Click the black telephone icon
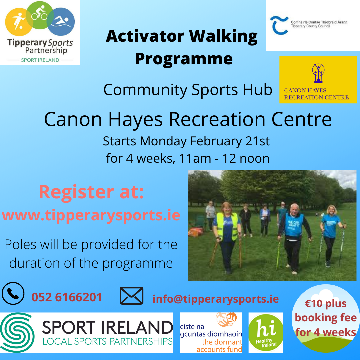pyautogui.click(x=13, y=293)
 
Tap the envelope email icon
pyautogui.click(x=132, y=295)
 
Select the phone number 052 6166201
pyautogui.click(x=67, y=297)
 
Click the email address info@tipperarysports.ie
pyautogui.click(x=216, y=299)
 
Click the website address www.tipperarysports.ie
pyautogui.click(x=91, y=215)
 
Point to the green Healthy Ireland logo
pyautogui.click(x=266, y=332)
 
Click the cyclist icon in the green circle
pyautogui.click(x=39, y=13)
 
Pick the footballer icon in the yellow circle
pyautogui.click(x=18, y=21)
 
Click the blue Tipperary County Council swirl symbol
pyautogui.click(x=278, y=25)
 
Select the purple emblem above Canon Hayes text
pyautogui.click(x=318, y=73)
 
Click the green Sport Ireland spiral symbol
pyautogui.click(x=17, y=332)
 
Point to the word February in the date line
pyautogui.click(x=216, y=141)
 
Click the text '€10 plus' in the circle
pyautogui.click(x=326, y=304)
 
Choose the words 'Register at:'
pyautogui.click(x=91, y=192)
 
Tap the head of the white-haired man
pyautogui.click(x=294, y=209)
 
